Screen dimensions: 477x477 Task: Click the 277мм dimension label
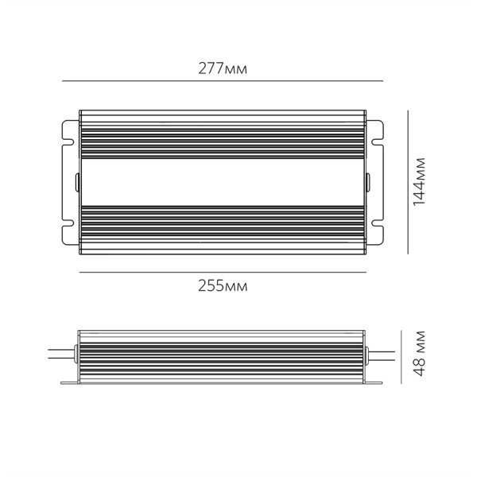click(223, 69)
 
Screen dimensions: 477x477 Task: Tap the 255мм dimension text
click(223, 286)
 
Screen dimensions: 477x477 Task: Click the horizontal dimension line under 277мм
click(223, 82)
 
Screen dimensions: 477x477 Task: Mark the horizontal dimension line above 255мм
click(223, 273)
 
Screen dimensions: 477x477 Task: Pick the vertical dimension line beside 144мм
click(408, 183)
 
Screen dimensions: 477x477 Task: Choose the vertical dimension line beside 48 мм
click(408, 358)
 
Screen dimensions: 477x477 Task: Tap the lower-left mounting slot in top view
click(66, 235)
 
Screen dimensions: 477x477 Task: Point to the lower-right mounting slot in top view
click(379, 235)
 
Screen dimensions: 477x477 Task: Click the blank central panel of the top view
click(223, 183)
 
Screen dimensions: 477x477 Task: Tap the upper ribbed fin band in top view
click(223, 134)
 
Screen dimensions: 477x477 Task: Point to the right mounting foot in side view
click(375, 385)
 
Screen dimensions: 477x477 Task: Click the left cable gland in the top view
click(77, 182)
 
